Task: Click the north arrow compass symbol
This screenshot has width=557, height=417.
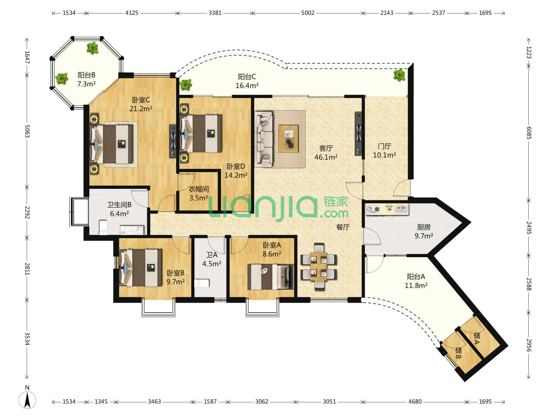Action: (27, 399)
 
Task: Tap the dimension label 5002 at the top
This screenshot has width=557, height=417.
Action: (308, 13)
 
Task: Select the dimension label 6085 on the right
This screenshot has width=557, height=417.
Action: (529, 133)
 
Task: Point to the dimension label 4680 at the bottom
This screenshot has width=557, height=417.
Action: (415, 402)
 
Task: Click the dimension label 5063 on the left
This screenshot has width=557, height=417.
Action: (27, 131)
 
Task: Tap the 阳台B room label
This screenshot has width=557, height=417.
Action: (86, 75)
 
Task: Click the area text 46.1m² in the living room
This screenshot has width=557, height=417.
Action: (326, 157)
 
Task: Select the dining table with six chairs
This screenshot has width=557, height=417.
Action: (319, 266)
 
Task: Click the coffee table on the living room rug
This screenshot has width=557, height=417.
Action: (288, 139)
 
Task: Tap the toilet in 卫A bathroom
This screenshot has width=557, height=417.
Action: (202, 283)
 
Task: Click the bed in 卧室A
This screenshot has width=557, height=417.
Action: (270, 277)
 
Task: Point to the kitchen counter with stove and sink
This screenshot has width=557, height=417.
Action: (387, 209)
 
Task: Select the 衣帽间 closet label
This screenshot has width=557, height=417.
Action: (199, 189)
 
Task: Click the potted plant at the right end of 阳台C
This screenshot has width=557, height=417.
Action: (400, 75)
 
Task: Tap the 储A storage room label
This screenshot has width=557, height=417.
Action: (477, 339)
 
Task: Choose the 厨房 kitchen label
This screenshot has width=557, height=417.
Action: (424, 227)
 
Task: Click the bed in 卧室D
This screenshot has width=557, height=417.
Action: (201, 134)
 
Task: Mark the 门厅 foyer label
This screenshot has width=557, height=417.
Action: (384, 146)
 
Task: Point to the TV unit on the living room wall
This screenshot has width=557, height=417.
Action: (358, 134)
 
